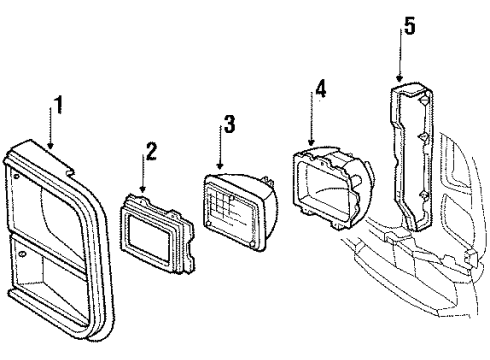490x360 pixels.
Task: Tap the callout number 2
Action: pyautogui.click(x=152, y=151)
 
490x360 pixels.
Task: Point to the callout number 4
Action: pyautogui.click(x=320, y=89)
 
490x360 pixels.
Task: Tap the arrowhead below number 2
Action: pyautogui.click(x=144, y=193)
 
